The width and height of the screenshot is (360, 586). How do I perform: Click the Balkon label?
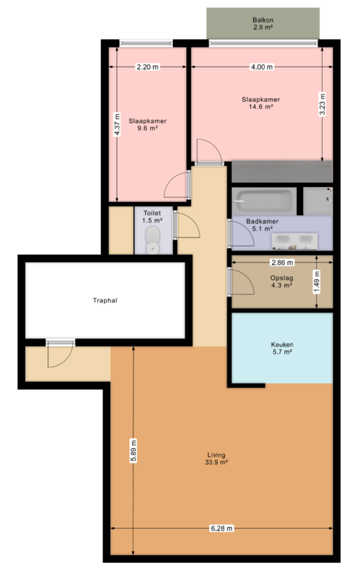pos(263,20)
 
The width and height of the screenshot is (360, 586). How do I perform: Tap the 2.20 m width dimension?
pos(147,67)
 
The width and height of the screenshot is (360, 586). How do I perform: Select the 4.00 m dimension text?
pos(262,67)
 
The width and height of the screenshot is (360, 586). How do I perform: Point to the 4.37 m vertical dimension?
pos(117,123)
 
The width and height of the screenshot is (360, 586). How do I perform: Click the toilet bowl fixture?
pos(152,239)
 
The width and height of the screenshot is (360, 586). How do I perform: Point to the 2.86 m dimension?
pos(281,263)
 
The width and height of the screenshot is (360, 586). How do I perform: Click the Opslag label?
pos(281,277)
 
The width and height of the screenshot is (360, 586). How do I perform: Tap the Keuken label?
pos(281,346)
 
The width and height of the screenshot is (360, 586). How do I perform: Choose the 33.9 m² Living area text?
pos(217,463)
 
